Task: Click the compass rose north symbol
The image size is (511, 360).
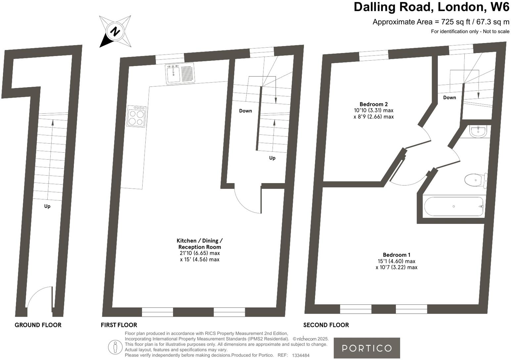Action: pyautogui.click(x=115, y=31)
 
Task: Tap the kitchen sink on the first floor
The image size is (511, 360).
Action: pyautogui.click(x=180, y=73)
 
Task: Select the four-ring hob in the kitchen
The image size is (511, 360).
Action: pyautogui.click(x=136, y=116)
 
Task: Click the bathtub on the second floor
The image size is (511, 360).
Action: pyautogui.click(x=454, y=206)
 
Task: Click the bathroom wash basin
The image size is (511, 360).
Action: pyautogui.click(x=478, y=131)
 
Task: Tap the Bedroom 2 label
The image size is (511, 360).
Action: pyautogui.click(x=374, y=104)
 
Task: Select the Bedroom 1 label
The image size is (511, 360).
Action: pyautogui.click(x=396, y=255)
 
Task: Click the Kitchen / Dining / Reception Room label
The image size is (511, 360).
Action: pyautogui.click(x=200, y=244)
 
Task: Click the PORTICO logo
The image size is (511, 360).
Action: pyautogui.click(x=366, y=348)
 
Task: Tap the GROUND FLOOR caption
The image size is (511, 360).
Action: pyautogui.click(x=38, y=325)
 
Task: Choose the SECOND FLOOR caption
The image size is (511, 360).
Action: pyautogui.click(x=326, y=325)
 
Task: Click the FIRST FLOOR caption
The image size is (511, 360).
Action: pyautogui.click(x=119, y=325)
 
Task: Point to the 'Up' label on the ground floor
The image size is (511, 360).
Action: pyautogui.click(x=47, y=206)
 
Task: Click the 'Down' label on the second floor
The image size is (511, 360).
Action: pyautogui.click(x=449, y=97)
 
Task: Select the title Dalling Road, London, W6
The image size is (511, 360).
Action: pyautogui.click(x=431, y=7)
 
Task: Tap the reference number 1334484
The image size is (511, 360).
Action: pyautogui.click(x=301, y=355)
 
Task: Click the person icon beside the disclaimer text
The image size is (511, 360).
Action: pyautogui.click(x=115, y=347)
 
